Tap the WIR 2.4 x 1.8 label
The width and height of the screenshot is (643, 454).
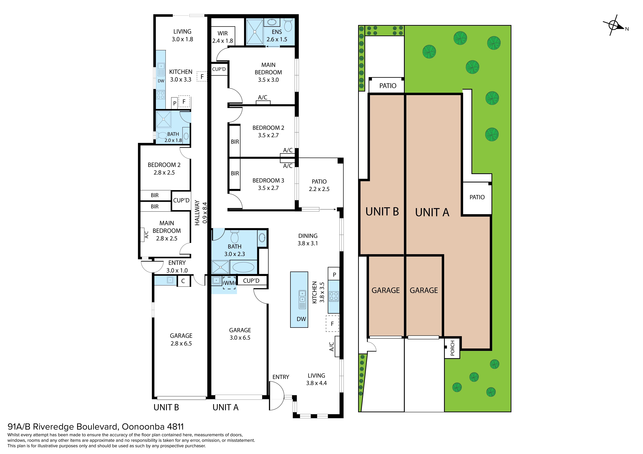[x=223, y=37]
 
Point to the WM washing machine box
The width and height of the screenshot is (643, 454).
[x=229, y=283]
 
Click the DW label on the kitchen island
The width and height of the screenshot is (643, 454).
[x=301, y=319]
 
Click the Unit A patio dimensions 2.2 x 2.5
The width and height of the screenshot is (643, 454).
[x=319, y=189]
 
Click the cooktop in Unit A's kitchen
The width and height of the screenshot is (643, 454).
[x=334, y=296]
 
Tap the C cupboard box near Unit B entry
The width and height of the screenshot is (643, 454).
[x=183, y=281]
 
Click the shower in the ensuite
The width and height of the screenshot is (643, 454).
[x=255, y=32]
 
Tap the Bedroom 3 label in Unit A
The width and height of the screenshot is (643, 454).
[x=268, y=184]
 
